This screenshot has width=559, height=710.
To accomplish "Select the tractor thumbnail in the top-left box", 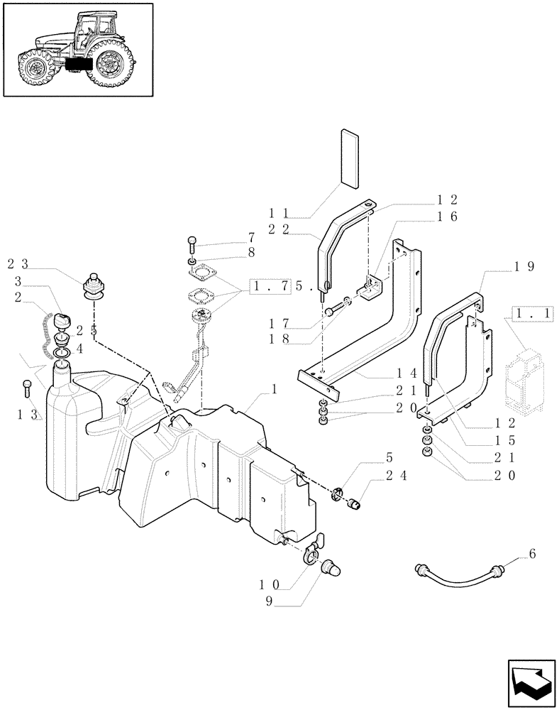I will tap(78, 50).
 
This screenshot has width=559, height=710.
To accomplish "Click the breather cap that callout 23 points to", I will tap(93, 286).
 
